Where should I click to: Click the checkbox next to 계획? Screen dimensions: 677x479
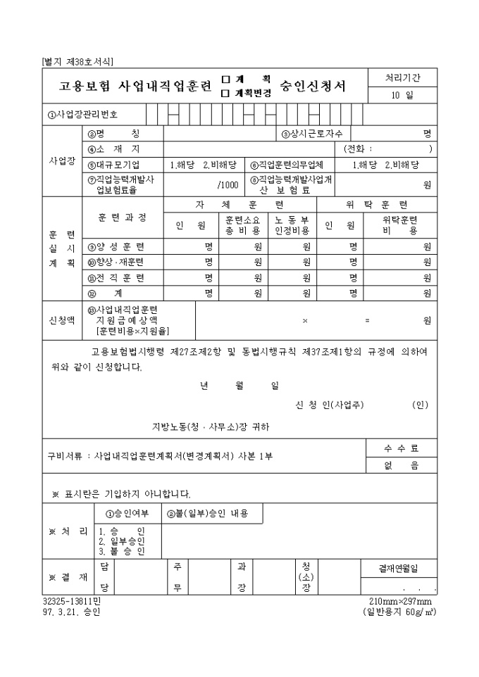[x=225, y=80]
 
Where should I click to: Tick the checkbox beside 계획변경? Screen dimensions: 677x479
[x=225, y=92]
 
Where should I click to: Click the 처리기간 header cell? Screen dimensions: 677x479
[x=402, y=77]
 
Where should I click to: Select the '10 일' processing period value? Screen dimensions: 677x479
[x=402, y=95]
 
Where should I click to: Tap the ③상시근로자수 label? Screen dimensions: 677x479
[x=311, y=134]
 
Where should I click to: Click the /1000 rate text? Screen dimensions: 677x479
[x=228, y=185]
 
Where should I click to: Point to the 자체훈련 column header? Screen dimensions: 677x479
[x=240, y=205]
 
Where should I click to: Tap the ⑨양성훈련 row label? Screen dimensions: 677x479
[x=116, y=247]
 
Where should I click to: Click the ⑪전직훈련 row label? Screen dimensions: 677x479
[x=116, y=278]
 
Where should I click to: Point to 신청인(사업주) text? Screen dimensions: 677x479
[x=330, y=405]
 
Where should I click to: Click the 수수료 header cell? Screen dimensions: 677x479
[x=402, y=448]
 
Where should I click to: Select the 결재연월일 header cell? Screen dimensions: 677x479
[x=399, y=569]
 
